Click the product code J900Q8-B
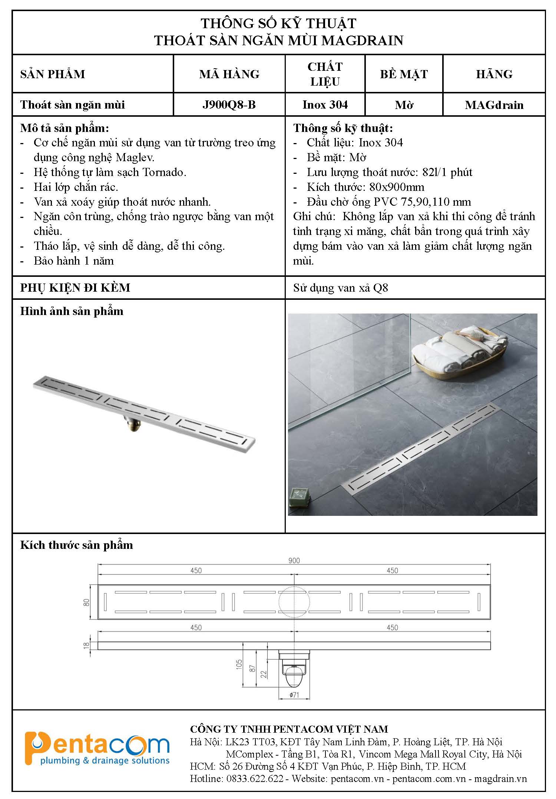point(229,105)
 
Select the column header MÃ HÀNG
point(229,74)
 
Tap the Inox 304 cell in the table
point(325,105)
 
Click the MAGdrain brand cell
point(494,105)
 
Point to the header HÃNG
point(494,74)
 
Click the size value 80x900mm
point(397,187)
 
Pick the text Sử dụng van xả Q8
point(340,288)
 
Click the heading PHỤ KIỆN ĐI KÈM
point(75,288)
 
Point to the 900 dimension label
point(294,561)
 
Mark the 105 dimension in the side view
point(239,664)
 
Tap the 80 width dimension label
point(87,602)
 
